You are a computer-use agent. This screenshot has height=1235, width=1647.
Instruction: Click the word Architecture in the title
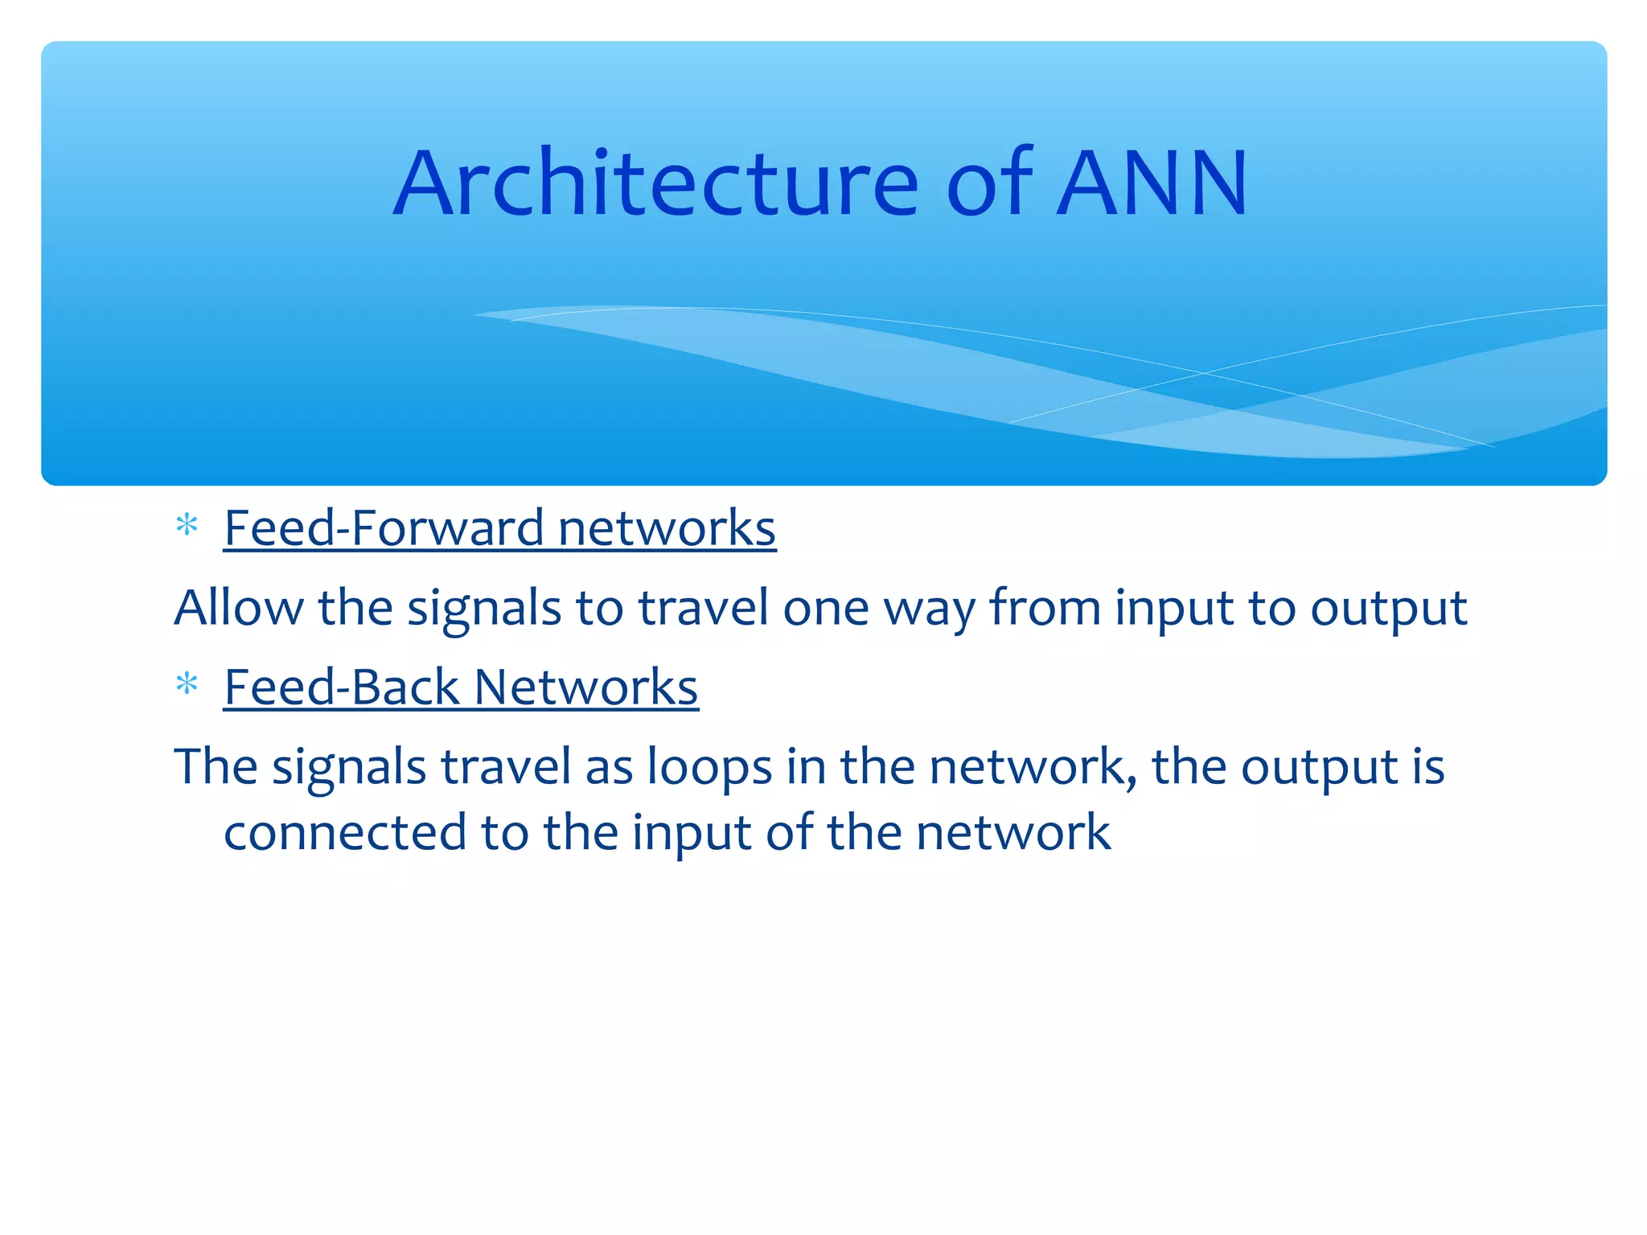(x=655, y=184)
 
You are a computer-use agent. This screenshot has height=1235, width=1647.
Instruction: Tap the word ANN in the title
(x=1152, y=184)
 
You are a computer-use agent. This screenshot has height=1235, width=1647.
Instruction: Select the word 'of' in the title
(x=989, y=184)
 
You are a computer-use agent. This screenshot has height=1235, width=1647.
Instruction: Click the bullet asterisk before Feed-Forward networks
(x=187, y=527)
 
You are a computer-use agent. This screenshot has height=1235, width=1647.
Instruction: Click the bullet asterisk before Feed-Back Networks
(x=187, y=686)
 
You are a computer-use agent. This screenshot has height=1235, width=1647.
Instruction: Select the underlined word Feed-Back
(x=341, y=687)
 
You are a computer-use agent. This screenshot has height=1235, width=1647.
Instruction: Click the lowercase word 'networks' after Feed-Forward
(x=667, y=528)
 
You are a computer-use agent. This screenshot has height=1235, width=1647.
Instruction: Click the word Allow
(x=239, y=607)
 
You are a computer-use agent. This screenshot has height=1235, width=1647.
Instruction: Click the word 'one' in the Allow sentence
(x=826, y=609)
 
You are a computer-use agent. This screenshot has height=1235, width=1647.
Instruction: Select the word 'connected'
(x=344, y=832)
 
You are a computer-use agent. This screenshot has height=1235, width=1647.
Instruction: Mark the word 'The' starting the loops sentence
(x=216, y=766)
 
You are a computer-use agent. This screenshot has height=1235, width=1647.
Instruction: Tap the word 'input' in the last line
(x=692, y=834)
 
